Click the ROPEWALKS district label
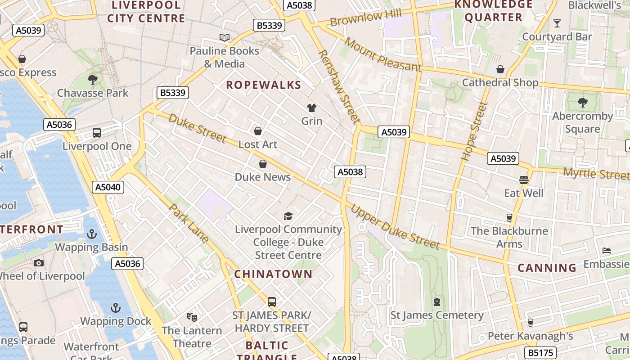tap(263, 85)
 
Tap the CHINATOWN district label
tap(273, 274)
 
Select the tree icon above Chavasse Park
tap(93, 80)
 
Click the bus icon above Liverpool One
tap(97, 133)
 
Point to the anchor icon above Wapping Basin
tap(92, 234)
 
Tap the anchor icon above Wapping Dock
tap(116, 308)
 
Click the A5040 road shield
tap(108, 187)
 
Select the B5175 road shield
tap(540, 352)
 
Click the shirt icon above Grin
tap(311, 108)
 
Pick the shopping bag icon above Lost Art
tap(258, 131)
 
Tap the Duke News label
tap(263, 177)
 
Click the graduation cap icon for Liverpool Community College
tap(288, 216)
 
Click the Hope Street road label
tap(475, 131)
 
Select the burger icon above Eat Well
tap(523, 180)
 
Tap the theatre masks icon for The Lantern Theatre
tap(192, 317)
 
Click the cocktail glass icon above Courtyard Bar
tap(557, 23)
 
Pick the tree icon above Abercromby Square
tap(582, 103)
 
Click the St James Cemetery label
tap(436, 315)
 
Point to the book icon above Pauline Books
tap(224, 37)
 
